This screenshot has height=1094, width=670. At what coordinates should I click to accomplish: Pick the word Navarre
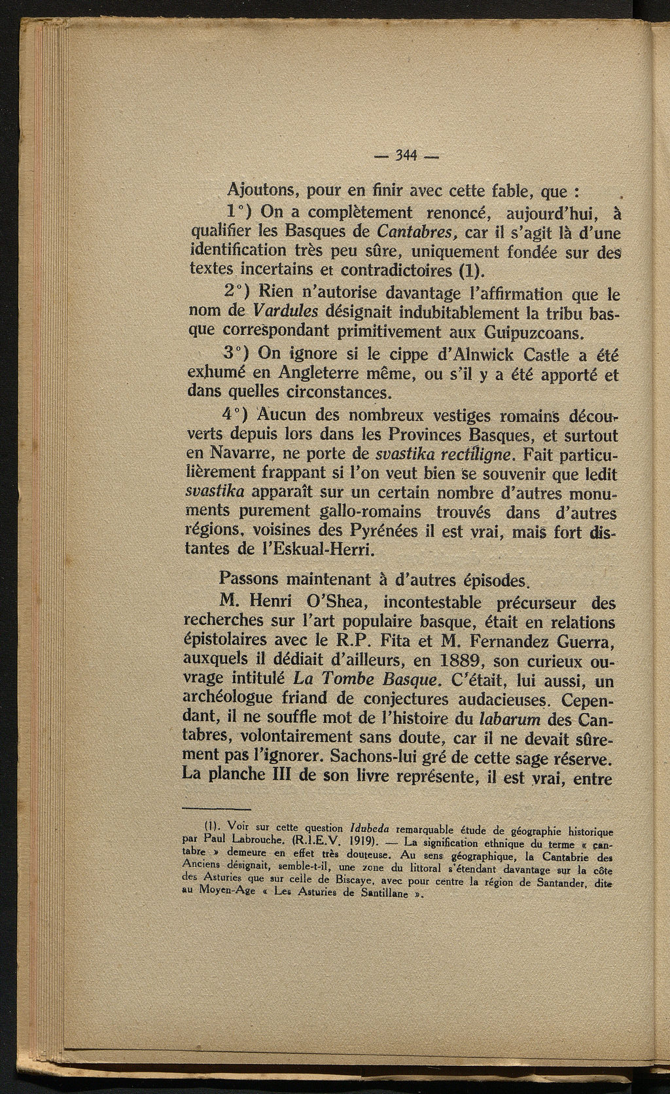click(249, 453)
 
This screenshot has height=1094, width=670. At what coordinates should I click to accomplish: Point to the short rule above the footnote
click(218, 809)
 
